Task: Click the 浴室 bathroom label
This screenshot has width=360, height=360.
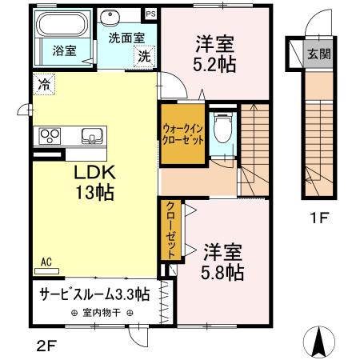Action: pos(65,50)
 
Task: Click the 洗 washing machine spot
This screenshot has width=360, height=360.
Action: pos(143,56)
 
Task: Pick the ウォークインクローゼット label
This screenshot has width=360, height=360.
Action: pos(182,133)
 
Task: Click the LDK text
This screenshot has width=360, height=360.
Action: pos(93,174)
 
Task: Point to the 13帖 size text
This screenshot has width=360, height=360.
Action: pos(93,193)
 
